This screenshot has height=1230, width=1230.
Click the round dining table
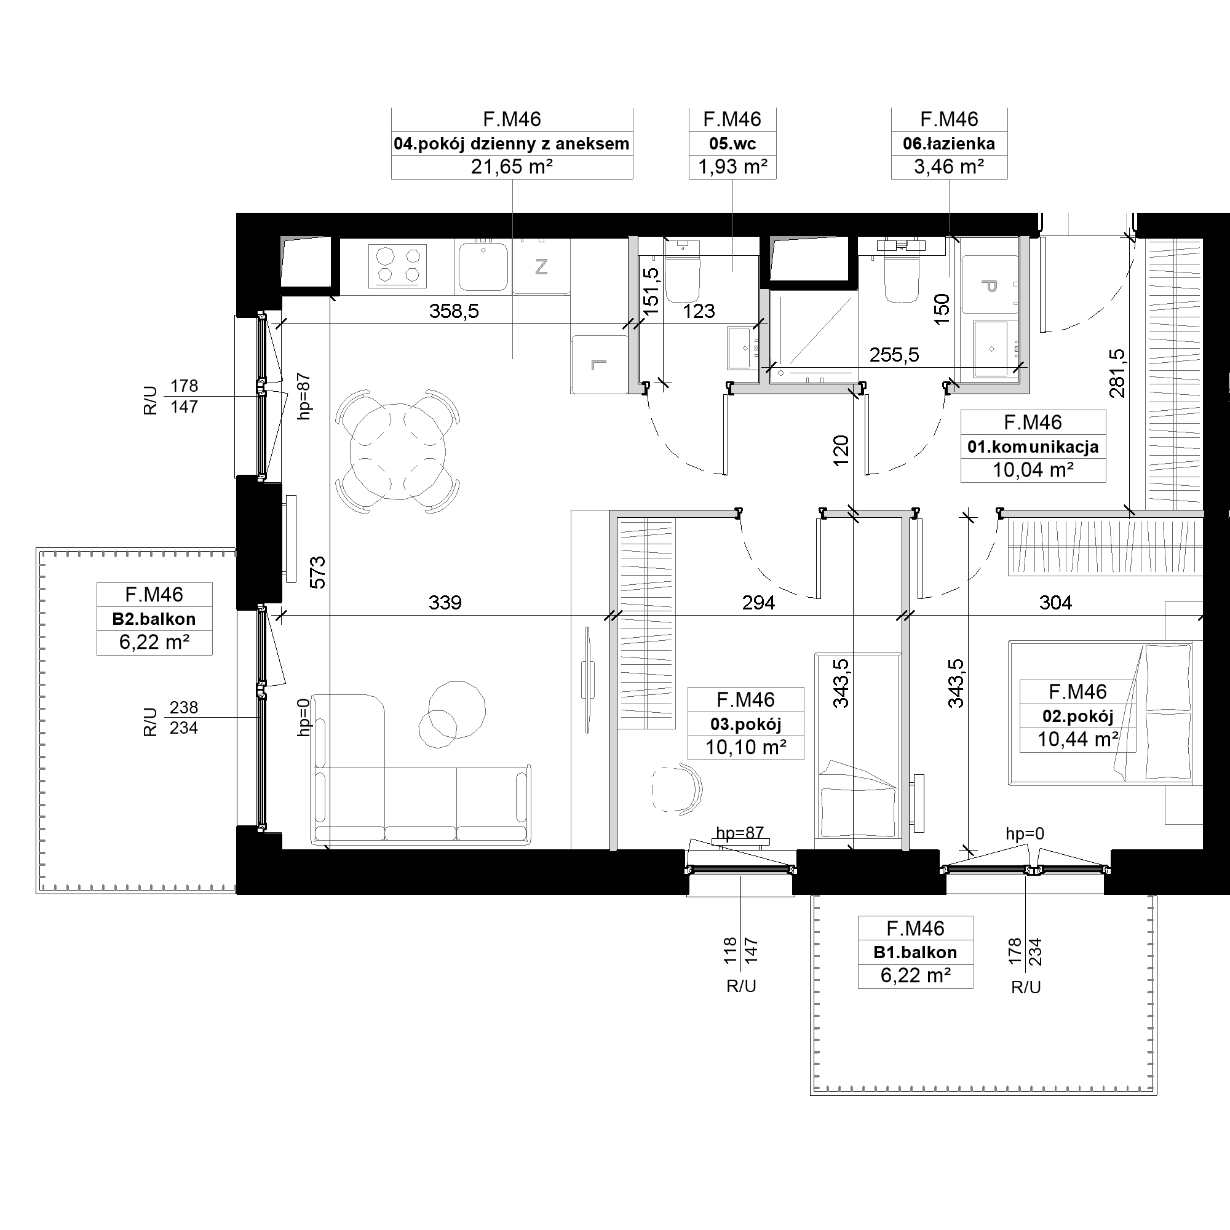pos(398,451)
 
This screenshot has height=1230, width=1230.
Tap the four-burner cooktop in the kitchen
pos(397,266)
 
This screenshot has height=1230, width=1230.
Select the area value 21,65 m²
pos(511,167)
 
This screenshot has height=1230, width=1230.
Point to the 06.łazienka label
pos(948,144)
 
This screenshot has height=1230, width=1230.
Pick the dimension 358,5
pos(454,311)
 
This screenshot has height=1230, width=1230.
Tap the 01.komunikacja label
pos(1033,447)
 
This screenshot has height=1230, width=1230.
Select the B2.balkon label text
pos(154,619)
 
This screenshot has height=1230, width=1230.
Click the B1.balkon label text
pos(915,953)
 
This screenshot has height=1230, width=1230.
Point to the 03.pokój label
pos(745,724)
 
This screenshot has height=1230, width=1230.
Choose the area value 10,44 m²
pos(1078,739)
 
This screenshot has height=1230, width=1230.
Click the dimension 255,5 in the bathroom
pos(894,355)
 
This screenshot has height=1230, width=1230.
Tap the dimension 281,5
pos(1117,373)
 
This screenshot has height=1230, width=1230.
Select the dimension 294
pos(758,602)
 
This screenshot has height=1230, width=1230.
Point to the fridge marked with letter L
pos(599,365)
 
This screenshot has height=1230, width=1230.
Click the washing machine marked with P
pos(989,285)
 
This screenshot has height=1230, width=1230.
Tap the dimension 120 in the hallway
pos(841,450)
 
